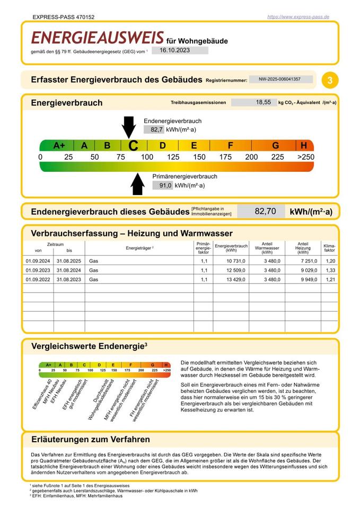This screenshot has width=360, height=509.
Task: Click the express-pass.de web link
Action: coord(298,17)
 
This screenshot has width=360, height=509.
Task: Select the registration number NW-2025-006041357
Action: coord(279,79)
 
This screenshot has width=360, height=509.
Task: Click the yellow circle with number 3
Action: coord(330,81)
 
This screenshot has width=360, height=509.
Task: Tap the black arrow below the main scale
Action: coord(137,183)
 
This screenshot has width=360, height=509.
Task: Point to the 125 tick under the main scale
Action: coord(173,157)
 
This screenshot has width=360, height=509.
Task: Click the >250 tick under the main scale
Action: coord(305,157)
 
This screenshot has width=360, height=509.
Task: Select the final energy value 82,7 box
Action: coord(154,129)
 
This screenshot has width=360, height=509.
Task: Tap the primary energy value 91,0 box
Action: coord(162,185)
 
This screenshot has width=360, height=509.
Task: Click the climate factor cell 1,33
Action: coord(330,270)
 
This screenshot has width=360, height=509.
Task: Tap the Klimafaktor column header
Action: coord(330,249)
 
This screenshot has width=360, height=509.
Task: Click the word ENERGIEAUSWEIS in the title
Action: coord(97,38)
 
